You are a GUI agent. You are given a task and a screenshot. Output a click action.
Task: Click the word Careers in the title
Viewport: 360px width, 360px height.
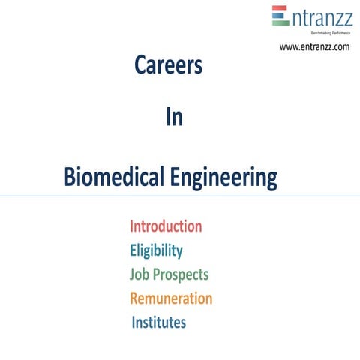[168, 66]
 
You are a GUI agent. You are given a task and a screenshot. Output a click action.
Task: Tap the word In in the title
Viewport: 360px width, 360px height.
[173, 118]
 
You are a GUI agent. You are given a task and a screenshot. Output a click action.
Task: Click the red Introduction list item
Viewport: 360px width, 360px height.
[166, 226]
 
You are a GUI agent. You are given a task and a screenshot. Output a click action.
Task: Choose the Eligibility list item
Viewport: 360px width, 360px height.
[156, 250]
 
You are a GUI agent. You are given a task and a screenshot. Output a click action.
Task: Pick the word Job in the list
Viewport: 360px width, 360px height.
[140, 274]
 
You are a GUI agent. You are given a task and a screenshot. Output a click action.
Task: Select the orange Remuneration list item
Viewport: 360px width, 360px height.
[171, 298]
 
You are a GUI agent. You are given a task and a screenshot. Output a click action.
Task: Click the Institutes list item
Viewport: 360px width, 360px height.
[159, 322]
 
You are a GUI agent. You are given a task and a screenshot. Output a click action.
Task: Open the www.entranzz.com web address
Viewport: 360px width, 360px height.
[314, 47]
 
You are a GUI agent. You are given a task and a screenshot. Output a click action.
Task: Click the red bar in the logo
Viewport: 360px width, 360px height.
[280, 9]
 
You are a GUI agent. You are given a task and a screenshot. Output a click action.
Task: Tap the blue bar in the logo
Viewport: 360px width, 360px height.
[280, 16]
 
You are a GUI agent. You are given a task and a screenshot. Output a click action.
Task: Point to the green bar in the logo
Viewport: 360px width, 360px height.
[280, 22]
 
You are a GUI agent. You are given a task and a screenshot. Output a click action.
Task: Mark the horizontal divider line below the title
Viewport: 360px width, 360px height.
[180, 196]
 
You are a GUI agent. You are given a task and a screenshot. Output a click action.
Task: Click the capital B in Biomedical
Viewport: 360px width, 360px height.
[70, 178]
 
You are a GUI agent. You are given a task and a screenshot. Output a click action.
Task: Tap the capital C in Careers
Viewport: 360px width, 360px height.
[140, 66]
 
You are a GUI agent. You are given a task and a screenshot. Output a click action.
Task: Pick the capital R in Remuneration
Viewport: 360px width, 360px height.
[135, 298]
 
